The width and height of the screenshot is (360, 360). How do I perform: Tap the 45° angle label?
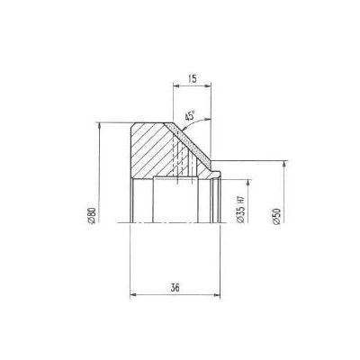[190, 115]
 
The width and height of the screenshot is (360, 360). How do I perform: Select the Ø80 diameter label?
[91, 216]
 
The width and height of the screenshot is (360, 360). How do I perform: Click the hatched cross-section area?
[153, 148]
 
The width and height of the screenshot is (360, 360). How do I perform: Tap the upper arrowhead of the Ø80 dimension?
[96, 125]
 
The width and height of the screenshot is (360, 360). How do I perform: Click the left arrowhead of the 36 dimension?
[133, 293]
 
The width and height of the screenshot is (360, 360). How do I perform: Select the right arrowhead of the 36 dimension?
[218, 293]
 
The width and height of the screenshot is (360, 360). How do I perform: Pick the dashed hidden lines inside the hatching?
[180, 153]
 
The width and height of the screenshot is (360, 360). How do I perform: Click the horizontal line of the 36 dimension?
[175, 293]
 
